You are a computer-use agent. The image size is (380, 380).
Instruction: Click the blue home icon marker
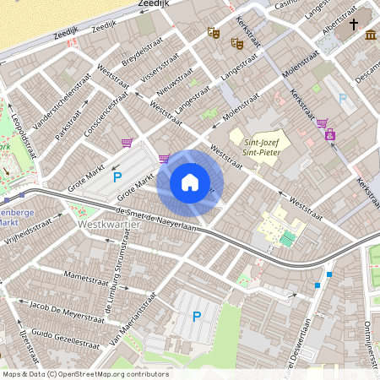tap(190, 182)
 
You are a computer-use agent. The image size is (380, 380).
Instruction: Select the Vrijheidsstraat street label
tap(34, 229)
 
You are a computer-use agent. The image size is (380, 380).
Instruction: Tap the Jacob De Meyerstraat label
tap(62, 306)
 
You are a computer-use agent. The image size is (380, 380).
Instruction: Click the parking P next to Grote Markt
tap(117, 177)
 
